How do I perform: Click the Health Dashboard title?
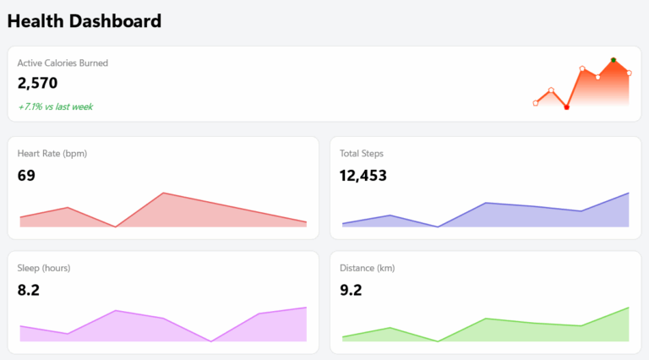(x=85, y=21)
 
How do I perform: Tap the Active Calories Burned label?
(x=63, y=63)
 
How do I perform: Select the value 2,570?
(x=37, y=83)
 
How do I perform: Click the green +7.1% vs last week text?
(x=55, y=106)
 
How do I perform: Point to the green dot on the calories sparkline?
(x=614, y=60)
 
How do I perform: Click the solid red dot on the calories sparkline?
(x=566, y=107)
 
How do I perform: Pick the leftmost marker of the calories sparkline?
(x=536, y=103)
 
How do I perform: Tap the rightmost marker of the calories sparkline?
(x=629, y=73)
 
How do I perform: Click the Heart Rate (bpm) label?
(x=52, y=153)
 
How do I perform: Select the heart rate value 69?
(x=26, y=176)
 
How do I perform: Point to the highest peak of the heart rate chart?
(x=163, y=194)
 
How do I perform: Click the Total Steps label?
(x=362, y=153)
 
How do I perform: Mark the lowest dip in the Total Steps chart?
(x=438, y=226)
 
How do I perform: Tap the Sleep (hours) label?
(x=44, y=268)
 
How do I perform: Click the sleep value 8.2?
(x=29, y=290)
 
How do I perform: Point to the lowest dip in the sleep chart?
(x=211, y=341)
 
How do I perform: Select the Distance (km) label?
(x=368, y=268)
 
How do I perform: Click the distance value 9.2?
(x=351, y=290)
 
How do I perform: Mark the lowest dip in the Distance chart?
(x=438, y=341)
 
